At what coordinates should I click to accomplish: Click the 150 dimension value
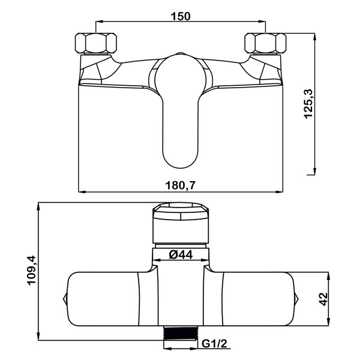click(x=181, y=16)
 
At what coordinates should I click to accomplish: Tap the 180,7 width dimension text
click(x=181, y=185)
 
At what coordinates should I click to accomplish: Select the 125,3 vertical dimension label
click(x=308, y=104)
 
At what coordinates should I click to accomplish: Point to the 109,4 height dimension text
click(x=32, y=270)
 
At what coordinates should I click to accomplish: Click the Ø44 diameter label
click(x=181, y=254)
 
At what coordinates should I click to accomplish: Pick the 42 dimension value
click(x=324, y=299)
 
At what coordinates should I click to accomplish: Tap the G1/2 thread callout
click(x=214, y=344)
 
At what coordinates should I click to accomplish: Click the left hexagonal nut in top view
click(x=96, y=43)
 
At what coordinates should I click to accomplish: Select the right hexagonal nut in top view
click(x=265, y=43)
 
